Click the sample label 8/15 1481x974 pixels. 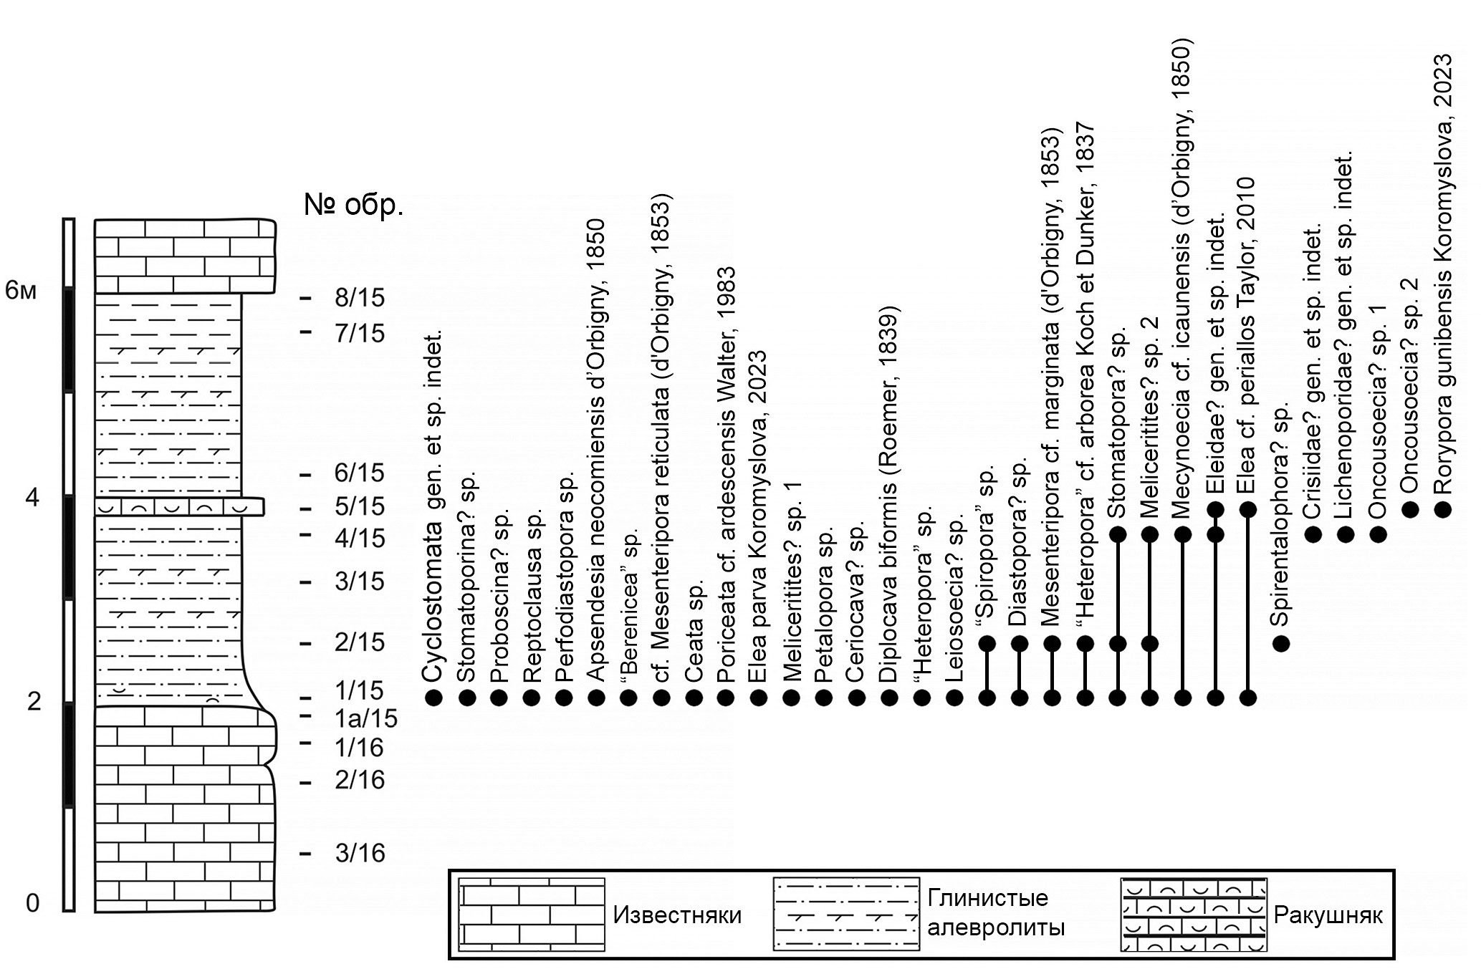coord(359,297)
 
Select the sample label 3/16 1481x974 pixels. coord(359,853)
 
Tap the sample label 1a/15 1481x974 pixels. coord(365,718)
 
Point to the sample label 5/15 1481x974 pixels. coord(359,507)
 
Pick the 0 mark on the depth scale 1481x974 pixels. coord(32,904)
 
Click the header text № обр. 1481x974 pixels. coord(354,206)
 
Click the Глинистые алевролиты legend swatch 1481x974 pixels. coord(845,915)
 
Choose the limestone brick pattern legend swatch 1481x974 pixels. coord(532,915)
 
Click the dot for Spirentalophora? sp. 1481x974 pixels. coord(1281,643)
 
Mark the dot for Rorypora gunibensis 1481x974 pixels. coord(1443,509)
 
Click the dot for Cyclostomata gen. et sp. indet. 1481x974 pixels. coord(433,698)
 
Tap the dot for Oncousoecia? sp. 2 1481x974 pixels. coord(1410,509)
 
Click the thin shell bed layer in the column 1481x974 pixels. coord(179,507)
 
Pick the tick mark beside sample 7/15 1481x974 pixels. coord(307,331)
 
